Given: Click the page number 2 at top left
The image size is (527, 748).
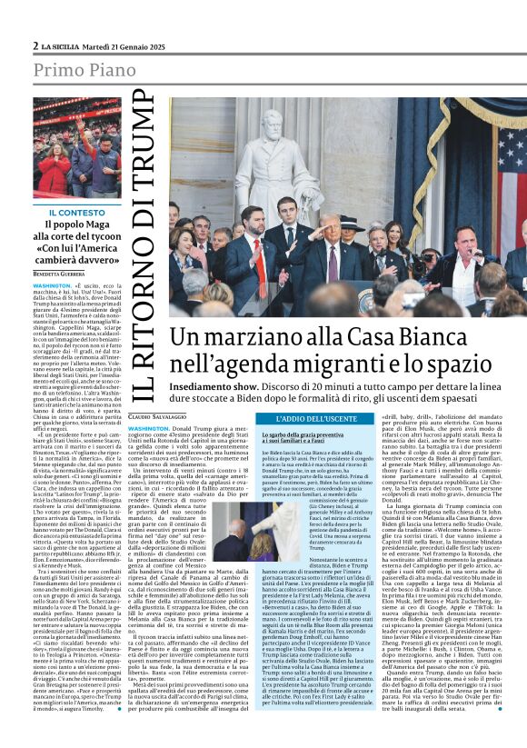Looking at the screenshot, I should point(35,45).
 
